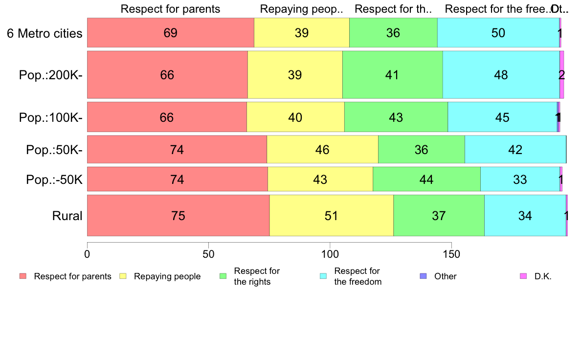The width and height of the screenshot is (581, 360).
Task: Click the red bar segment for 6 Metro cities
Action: pos(170,33)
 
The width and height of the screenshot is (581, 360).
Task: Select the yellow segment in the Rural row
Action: pos(332,216)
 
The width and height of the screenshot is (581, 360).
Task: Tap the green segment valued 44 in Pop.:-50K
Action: pos(426,180)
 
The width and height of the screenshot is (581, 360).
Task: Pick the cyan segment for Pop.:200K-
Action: pos(501,75)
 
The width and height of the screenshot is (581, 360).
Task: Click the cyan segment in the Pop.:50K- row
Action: pos(515,150)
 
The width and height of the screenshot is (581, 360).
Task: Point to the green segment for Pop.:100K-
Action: pos(396,117)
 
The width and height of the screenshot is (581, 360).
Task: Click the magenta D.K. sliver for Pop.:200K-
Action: pos(562,75)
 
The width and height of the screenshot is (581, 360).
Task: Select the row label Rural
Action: pos(67,216)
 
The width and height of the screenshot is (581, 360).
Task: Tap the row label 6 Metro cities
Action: pos(45,33)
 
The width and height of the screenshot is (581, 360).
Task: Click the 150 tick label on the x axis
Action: pos(451,254)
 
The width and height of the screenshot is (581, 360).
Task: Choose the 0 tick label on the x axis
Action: pos(87,254)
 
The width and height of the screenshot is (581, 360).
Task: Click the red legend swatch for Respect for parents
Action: pos(23,276)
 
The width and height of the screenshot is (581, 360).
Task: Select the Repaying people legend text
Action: pos(167,276)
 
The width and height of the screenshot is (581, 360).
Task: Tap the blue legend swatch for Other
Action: pos(424,276)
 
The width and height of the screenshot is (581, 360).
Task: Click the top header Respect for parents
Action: pos(170,9)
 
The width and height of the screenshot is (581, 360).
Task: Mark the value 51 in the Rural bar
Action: pos(332,216)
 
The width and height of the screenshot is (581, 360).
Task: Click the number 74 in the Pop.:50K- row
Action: pos(177,150)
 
